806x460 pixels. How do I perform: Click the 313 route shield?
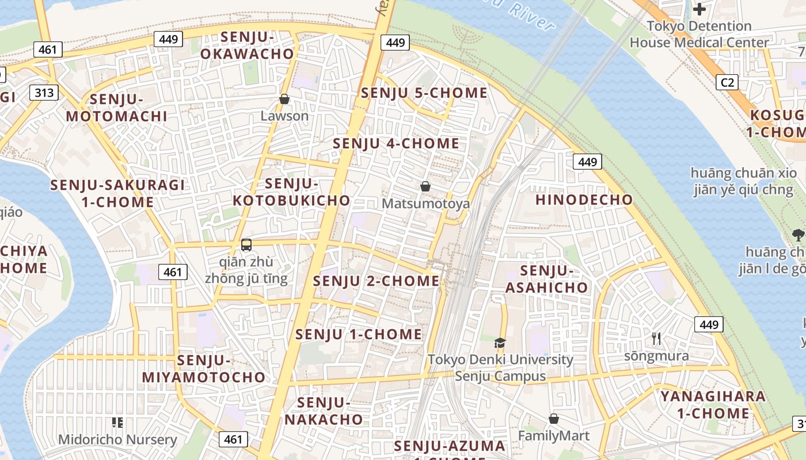[44, 93]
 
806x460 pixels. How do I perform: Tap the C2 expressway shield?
[728, 83]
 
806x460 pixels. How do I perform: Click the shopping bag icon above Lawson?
[284, 99]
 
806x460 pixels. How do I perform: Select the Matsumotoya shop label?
[425, 204]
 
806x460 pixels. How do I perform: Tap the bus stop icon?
[246, 245]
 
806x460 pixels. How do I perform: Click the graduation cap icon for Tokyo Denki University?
[500, 343]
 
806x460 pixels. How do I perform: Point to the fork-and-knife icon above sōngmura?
[656, 339]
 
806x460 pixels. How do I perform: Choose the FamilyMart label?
[553, 435]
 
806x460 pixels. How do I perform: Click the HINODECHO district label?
[584, 200]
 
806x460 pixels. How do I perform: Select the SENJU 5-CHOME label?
[424, 93]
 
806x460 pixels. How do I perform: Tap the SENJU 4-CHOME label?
[396, 144]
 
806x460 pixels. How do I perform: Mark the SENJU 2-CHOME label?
[376, 281]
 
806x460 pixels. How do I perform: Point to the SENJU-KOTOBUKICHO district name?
[291, 192]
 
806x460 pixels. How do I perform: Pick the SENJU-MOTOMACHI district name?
[116, 108]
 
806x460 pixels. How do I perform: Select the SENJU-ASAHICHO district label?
[546, 279]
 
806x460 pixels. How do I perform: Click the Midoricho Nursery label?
[117, 440]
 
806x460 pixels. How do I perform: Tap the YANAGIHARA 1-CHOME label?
[713, 405]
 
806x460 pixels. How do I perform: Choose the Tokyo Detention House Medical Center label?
[699, 34]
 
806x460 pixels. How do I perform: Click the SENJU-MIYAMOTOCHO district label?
[204, 369]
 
